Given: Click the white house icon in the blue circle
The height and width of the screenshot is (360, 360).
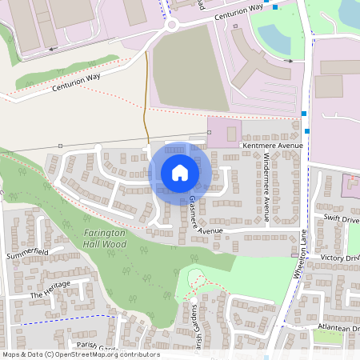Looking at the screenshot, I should coord(180,173).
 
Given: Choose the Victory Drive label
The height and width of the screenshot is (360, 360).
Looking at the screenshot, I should coord(340,258).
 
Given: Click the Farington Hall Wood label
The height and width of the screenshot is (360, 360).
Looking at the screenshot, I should coord(105,238).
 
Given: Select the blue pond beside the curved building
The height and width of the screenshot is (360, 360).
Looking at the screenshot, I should coord(271,35).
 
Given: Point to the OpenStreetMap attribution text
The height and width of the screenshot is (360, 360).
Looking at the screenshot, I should coord(81,354).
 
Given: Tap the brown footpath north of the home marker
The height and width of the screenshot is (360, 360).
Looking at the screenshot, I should coord(146,104).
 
